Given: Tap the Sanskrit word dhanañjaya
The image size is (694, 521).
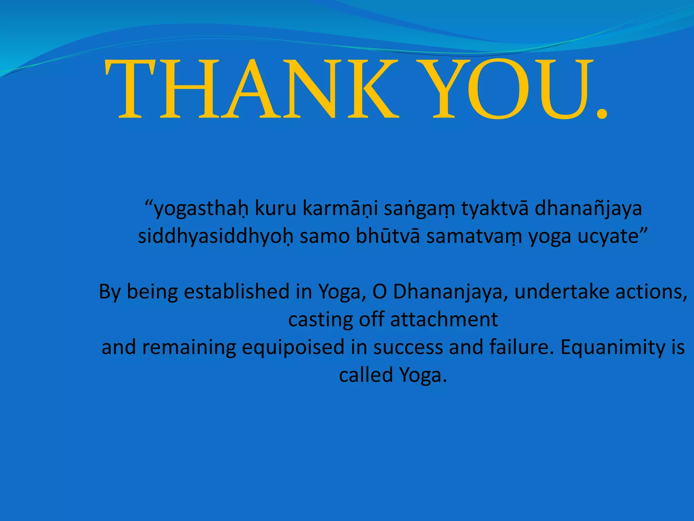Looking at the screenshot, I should (x=588, y=209).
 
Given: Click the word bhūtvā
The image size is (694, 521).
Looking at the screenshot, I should (x=388, y=236).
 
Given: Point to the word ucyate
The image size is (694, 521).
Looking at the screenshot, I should (x=608, y=236).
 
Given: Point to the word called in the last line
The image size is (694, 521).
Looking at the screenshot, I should (x=366, y=375).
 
